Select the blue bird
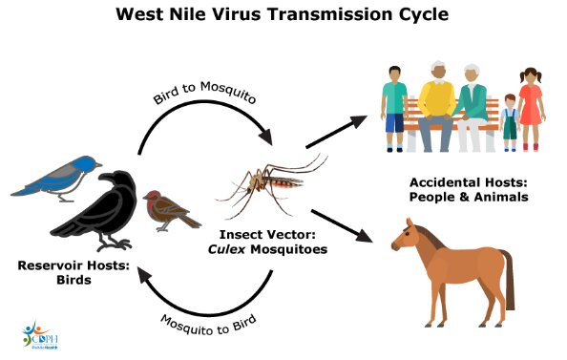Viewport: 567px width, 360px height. [x=58, y=178]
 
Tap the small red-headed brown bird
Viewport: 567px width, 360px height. [x=170, y=211]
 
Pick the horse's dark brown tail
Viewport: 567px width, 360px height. [x=508, y=279]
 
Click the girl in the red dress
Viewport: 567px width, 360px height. [x=531, y=109]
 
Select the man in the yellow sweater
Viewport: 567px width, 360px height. [x=437, y=107]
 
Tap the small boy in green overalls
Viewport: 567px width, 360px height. [x=510, y=122]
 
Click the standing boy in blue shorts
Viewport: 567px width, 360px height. [x=394, y=109]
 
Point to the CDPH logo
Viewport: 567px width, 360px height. [x=40, y=335]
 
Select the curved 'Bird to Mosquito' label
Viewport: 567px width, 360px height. [x=204, y=93]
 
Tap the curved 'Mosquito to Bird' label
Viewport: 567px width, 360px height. [x=209, y=325]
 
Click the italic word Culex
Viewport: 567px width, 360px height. [x=227, y=249]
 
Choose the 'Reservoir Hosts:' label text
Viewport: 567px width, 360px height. [x=73, y=265]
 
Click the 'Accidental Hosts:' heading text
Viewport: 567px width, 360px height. [x=469, y=182]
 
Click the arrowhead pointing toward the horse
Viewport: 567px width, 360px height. [x=364, y=235]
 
